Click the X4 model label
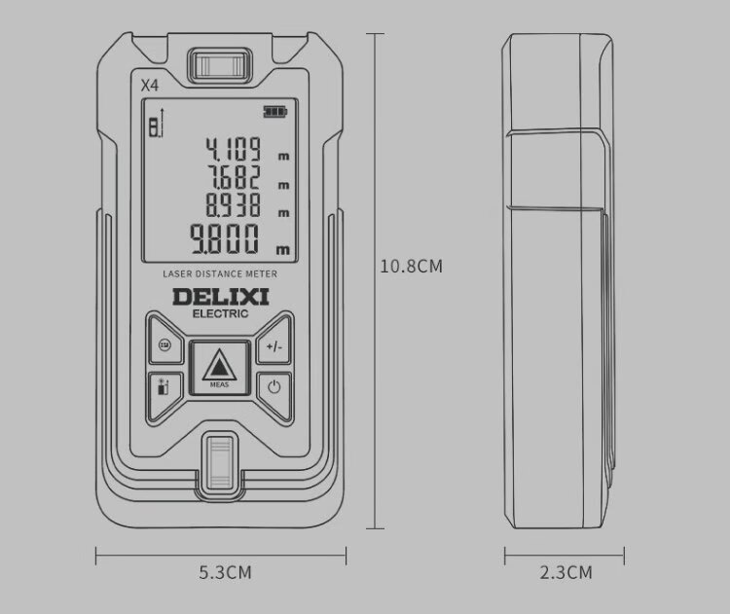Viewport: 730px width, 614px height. coord(150,86)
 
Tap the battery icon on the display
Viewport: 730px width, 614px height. coord(275,112)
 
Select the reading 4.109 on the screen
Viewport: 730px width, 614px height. coord(234,149)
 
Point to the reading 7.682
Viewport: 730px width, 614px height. coord(234,177)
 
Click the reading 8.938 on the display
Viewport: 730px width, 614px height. coord(234,204)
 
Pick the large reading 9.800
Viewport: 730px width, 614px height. coord(225,238)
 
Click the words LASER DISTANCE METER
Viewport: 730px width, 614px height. coord(220,273)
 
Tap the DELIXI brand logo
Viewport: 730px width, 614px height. coord(220,297)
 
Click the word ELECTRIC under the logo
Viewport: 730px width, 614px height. coord(220,313)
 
